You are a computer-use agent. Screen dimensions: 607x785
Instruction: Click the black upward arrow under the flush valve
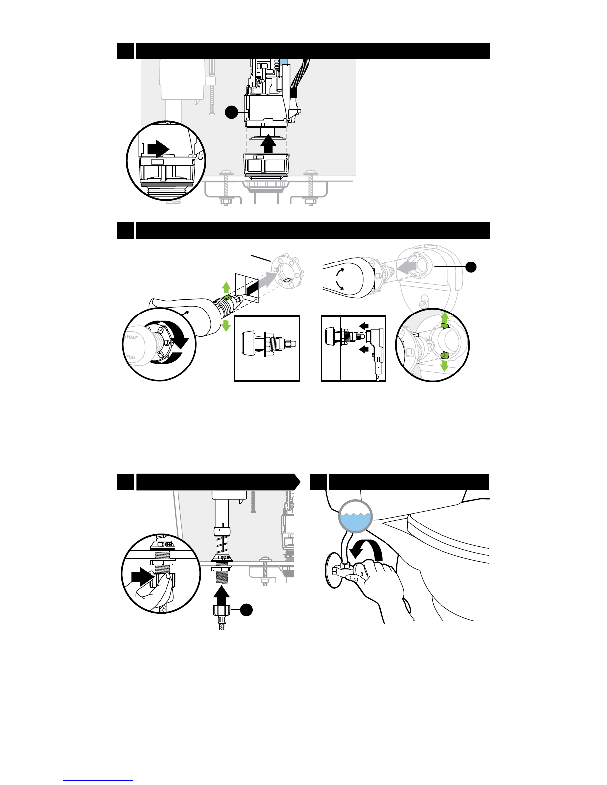[x=268, y=144]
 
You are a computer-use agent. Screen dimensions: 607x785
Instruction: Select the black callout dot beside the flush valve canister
[x=231, y=112]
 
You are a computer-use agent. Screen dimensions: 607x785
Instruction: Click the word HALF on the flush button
[x=132, y=337]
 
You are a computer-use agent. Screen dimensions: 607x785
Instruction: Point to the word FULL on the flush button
[x=131, y=357]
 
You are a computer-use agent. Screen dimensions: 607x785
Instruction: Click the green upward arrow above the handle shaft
[x=226, y=288]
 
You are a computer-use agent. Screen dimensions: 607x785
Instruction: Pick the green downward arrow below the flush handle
[x=226, y=325]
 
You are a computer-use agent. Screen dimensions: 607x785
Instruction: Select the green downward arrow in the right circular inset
[x=445, y=366]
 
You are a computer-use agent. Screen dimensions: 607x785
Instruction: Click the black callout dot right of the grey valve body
[x=471, y=267]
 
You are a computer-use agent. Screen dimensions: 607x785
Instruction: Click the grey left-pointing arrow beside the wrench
[x=406, y=267]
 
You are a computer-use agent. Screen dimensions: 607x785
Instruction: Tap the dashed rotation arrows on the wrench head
[x=340, y=279]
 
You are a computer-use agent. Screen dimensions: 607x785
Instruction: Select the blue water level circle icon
[x=356, y=516]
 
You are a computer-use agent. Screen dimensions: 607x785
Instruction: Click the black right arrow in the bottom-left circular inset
[x=141, y=576]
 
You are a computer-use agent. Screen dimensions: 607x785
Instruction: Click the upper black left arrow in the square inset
[x=364, y=326]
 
